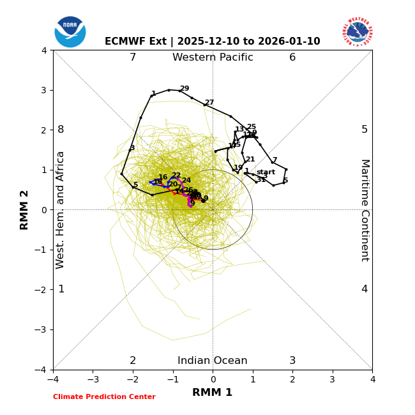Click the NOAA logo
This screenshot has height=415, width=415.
coord(70,32)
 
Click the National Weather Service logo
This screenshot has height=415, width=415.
coord(358,32)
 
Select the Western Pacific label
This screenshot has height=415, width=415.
coord(213,57)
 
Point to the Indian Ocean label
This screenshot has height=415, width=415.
coord(213,361)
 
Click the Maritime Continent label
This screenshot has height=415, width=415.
coord(365,210)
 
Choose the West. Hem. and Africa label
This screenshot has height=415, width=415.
coord(61,210)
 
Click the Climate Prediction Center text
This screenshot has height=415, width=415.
coord(104,397)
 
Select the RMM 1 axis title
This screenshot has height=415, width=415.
coord(213,393)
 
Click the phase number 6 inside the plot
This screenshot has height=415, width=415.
coord(292,57)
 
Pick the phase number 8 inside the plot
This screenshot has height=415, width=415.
coord(61,130)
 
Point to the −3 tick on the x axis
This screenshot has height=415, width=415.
coord(93,379)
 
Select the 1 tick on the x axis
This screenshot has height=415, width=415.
coord(253,379)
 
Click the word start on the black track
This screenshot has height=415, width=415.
coord(266,172)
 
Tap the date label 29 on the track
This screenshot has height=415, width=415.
coord(185,89)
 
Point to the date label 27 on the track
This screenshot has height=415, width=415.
coord(209,103)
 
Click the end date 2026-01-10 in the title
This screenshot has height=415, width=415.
coord(292,41)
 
